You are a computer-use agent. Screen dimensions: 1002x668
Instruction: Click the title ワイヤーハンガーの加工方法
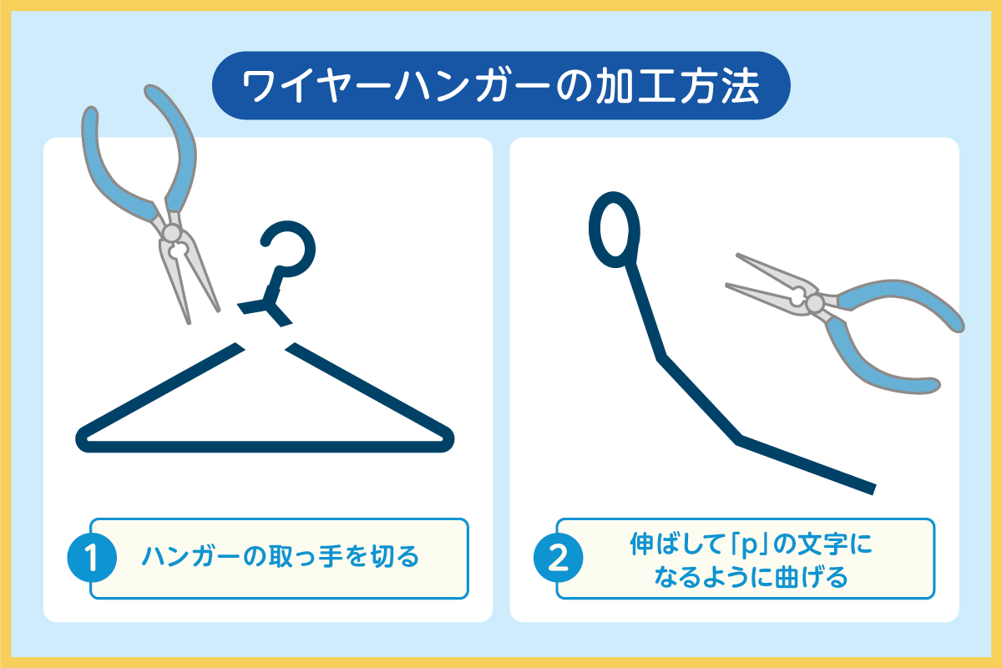point(500,86)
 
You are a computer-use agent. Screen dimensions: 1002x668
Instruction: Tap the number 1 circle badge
point(92,558)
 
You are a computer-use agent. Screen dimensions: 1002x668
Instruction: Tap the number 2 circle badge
point(559,558)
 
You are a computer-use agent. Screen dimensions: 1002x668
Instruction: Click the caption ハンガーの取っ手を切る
point(281,557)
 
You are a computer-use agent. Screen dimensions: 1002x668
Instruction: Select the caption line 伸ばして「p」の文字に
point(751,544)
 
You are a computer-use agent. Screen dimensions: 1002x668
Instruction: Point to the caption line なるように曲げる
point(751,577)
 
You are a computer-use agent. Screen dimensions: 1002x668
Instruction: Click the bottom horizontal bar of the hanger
point(265,447)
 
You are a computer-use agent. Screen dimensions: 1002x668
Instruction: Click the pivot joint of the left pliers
point(171,233)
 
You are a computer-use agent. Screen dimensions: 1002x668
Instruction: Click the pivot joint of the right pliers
point(815,303)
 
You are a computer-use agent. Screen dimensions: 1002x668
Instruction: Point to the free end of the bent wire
point(873,489)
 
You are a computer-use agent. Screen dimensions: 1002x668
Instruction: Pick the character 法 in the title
point(741,86)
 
